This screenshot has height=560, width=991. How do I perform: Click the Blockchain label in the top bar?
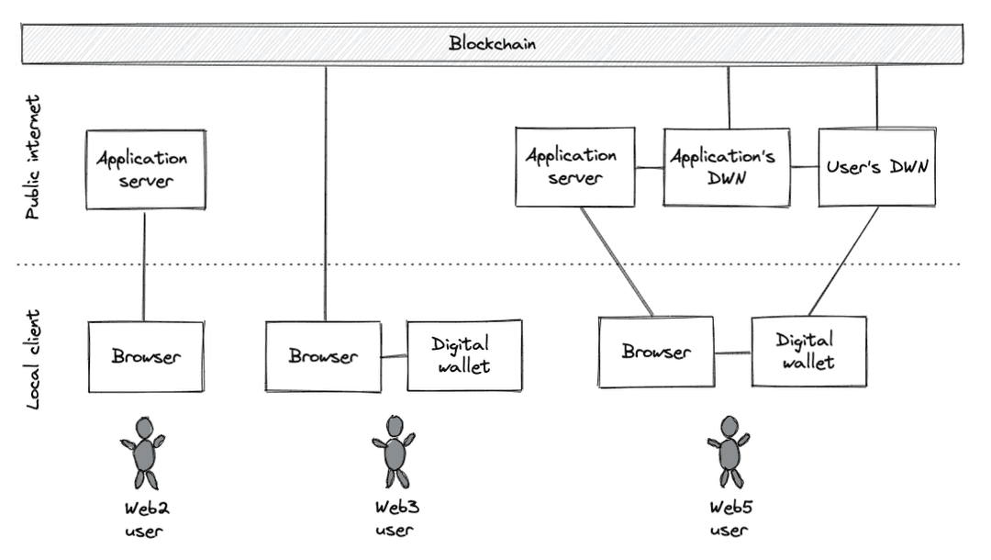click(x=492, y=43)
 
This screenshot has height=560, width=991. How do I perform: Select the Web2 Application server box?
click(x=145, y=169)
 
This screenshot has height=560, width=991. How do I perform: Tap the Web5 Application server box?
click(x=574, y=167)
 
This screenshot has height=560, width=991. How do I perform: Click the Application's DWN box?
click(x=726, y=167)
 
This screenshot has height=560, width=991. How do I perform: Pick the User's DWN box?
click(x=876, y=167)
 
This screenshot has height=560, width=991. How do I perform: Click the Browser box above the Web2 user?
click(x=146, y=356)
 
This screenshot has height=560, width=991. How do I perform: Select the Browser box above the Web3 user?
click(x=323, y=356)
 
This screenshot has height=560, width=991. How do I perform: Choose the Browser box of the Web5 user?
click(x=655, y=352)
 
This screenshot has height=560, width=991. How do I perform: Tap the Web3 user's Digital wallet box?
click(x=464, y=355)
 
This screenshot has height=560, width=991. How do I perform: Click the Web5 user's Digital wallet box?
click(x=808, y=352)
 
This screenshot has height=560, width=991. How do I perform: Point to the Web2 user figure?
click(x=143, y=454)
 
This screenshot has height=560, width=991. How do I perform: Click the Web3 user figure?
click(x=394, y=453)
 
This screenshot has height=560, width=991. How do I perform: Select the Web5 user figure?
click(x=729, y=453)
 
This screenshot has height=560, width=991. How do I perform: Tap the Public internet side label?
click(x=33, y=156)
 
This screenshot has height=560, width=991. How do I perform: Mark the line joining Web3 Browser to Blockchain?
click(x=326, y=193)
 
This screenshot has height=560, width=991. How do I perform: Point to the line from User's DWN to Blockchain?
click(x=876, y=96)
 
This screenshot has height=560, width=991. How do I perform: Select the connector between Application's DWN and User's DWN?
click(x=804, y=167)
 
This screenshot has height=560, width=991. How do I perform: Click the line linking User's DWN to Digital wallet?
click(x=844, y=260)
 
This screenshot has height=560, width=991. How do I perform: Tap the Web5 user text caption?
click(x=729, y=519)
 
